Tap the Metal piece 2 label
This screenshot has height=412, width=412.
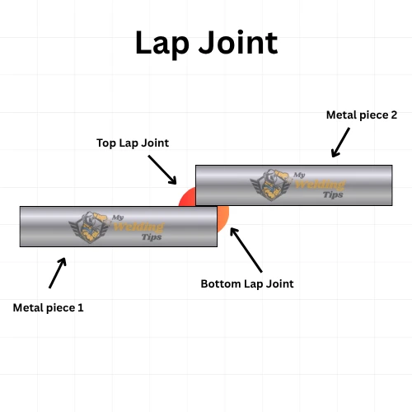pos(362,115)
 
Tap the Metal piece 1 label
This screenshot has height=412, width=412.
pos(49,307)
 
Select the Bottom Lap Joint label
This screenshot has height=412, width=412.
pos(247,283)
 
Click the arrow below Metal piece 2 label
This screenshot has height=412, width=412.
pos(340,142)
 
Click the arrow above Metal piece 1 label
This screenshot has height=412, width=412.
pos(58,273)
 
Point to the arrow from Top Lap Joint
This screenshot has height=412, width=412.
pos(163,170)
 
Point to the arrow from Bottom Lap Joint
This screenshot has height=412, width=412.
pos(246,250)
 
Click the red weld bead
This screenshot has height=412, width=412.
pos(187,198)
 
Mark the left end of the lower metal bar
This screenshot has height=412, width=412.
pos(22,227)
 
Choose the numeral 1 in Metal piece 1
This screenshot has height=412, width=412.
pos(81,307)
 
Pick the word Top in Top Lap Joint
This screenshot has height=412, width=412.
pos(108,143)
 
